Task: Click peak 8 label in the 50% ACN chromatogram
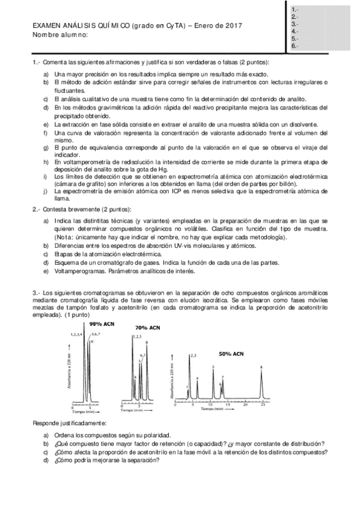pos(261,366)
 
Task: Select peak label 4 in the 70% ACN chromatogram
pos(136,376)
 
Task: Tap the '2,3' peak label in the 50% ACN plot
pos(193,356)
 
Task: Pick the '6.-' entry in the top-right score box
pos(294,46)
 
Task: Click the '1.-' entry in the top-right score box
pos(294,10)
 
